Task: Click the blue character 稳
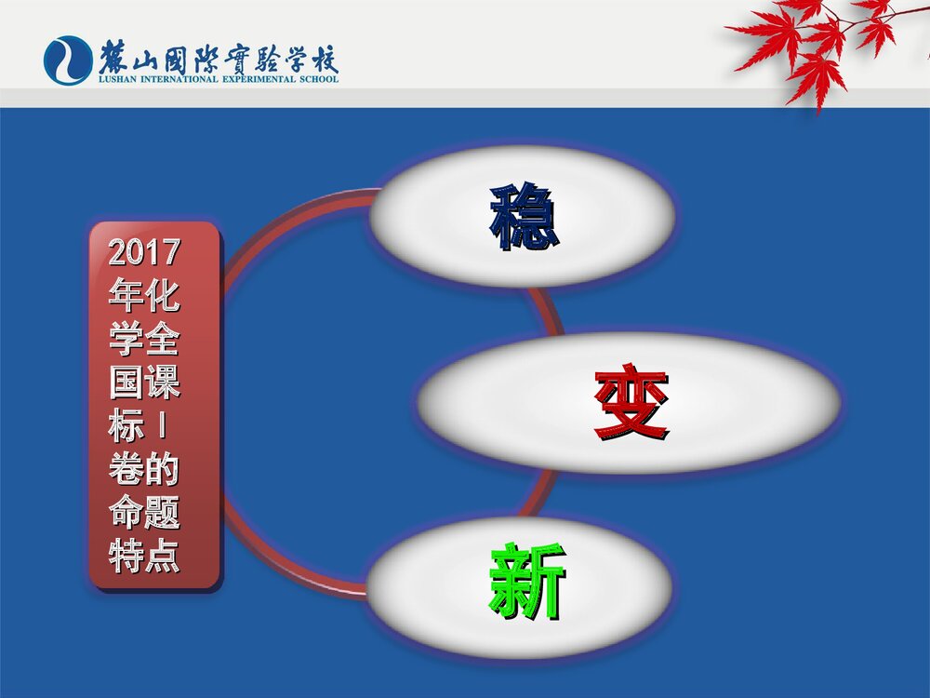pyautogui.click(x=525, y=217)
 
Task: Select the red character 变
pyautogui.click(x=631, y=404)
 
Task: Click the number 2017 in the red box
pyautogui.click(x=144, y=252)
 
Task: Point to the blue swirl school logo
pyautogui.click(x=67, y=60)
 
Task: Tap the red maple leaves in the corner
pyautogui.click(x=818, y=42)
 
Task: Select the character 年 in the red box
pyautogui.click(x=126, y=296)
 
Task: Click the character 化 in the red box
pyautogui.click(x=162, y=296)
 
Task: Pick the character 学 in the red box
pyautogui.click(x=126, y=340)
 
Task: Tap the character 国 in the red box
pyautogui.click(x=126, y=383)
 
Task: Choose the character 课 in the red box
pyautogui.click(x=162, y=383)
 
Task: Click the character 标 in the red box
pyautogui.click(x=126, y=427)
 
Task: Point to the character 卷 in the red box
pyautogui.click(x=126, y=471)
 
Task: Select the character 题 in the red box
pyautogui.click(x=162, y=515)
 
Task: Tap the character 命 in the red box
pyautogui.click(x=126, y=515)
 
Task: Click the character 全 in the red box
pyautogui.click(x=162, y=340)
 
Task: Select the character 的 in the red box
pyautogui.click(x=162, y=471)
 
